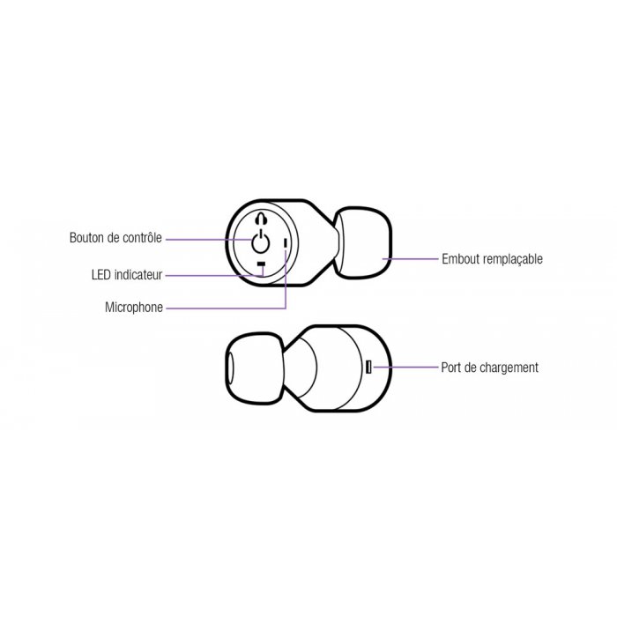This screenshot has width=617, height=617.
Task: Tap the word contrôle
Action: (x=142, y=238)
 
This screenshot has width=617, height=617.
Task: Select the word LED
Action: (x=100, y=275)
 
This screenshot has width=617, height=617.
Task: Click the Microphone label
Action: (x=134, y=308)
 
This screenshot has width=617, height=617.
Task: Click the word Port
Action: (x=450, y=368)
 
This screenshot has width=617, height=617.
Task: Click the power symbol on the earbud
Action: (x=260, y=242)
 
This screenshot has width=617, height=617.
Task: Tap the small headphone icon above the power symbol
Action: (x=261, y=219)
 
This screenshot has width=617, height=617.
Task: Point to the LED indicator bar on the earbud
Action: (x=261, y=264)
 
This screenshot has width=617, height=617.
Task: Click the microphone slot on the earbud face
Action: (x=286, y=243)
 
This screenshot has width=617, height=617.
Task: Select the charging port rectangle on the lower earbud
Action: (x=368, y=368)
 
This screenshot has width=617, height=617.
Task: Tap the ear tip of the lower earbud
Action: (x=255, y=368)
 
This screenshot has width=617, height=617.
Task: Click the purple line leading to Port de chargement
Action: (x=405, y=368)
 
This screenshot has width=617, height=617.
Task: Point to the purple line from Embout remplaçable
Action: (x=410, y=259)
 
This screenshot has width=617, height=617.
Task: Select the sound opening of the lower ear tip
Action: (x=229, y=368)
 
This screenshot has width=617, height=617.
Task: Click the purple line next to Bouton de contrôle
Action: (x=209, y=239)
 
